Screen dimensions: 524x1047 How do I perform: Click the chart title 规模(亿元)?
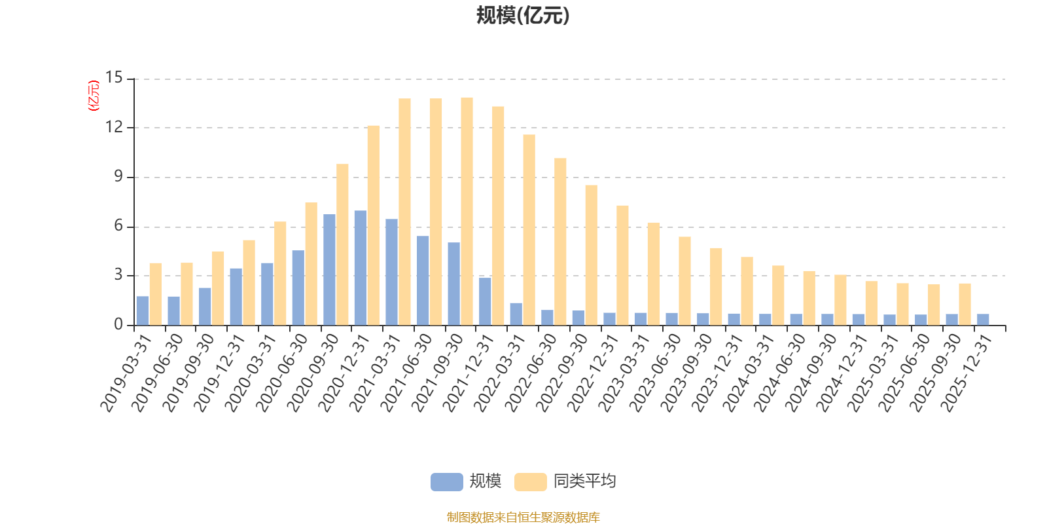(523, 16)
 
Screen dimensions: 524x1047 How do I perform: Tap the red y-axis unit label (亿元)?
(93, 96)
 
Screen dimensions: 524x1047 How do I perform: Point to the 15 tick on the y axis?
(115, 79)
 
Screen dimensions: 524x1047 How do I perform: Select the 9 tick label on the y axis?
(118, 177)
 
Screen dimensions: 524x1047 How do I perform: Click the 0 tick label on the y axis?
(118, 325)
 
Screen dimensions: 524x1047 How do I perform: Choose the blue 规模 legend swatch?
(446, 482)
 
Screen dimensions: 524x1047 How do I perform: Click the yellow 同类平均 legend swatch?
(530, 482)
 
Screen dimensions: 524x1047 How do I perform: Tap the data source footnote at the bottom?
(523, 517)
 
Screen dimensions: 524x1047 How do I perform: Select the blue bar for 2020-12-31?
(360, 268)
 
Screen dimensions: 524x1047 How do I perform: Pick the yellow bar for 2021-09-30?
(467, 211)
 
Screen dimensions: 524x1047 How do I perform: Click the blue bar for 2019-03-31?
(142, 310)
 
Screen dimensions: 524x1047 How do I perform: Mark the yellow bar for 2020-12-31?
(373, 225)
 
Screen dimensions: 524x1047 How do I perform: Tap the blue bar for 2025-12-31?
(983, 320)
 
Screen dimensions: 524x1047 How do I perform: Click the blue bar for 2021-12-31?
(485, 301)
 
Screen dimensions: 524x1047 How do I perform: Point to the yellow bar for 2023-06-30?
(684, 281)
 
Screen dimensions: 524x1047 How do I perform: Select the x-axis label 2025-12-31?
(967, 373)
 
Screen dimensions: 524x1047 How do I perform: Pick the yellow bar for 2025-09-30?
(965, 304)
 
